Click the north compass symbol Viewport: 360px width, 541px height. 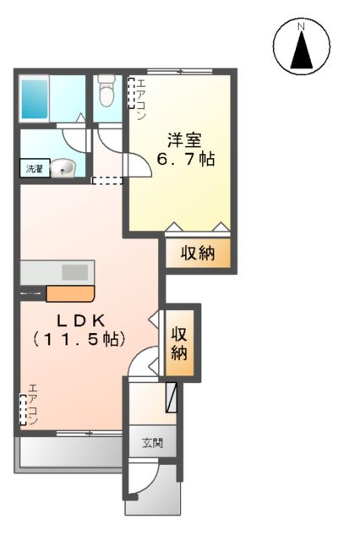(301, 47)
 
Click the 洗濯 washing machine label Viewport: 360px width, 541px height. (32, 168)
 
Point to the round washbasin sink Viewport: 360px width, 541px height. (63, 169)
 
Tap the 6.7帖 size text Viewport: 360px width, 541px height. (183, 158)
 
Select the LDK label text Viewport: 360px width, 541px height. (80, 320)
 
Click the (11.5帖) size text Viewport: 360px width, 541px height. (80, 340)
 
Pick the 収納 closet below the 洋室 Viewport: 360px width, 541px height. (196, 254)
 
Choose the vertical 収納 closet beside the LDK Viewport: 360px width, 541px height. (179, 341)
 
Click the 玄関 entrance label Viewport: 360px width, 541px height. (152, 443)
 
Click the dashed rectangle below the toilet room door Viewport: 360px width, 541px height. (106, 180)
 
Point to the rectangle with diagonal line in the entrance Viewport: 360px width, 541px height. (172, 395)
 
